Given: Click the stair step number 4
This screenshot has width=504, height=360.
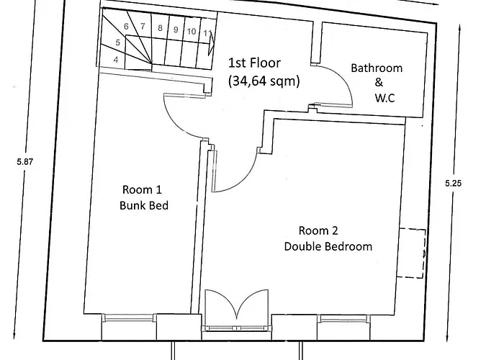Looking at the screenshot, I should tap(116, 60).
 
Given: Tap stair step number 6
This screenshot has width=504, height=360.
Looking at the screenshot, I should tap(127, 27).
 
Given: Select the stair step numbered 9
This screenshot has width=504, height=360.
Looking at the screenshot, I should tap(175, 30).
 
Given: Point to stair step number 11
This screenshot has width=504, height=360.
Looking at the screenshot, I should tap(207, 33).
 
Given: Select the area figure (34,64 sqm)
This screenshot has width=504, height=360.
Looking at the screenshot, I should tap(264, 81).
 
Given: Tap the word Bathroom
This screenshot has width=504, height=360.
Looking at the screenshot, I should tap(377, 68).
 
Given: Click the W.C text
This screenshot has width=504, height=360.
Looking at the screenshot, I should tap(385, 96).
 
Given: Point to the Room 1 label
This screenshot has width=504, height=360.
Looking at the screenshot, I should tap(142, 190).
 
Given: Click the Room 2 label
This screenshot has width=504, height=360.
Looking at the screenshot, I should tap(318, 231).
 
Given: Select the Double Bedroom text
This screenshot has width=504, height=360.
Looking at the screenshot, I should tap(328, 246).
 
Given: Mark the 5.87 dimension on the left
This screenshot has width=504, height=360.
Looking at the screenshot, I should tap(25, 162).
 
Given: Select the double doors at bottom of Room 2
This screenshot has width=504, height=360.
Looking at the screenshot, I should tap(237, 308).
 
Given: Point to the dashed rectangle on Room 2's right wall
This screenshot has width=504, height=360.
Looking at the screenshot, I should tap(413, 253).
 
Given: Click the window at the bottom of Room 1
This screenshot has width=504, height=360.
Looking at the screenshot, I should tap(129, 318).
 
